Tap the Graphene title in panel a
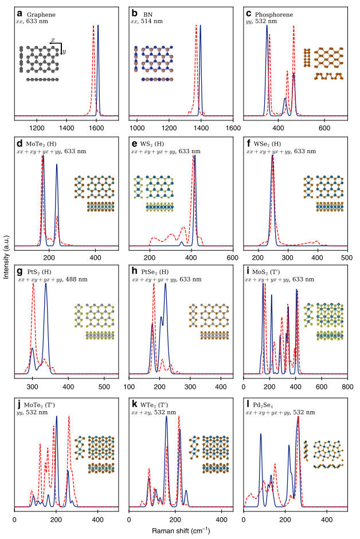pyautogui.click(x=38, y=14)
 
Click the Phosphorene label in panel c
pyautogui.click(x=272, y=14)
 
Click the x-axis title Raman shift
pyautogui.click(x=180, y=531)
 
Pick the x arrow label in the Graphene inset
pyautogui.click(x=53, y=41)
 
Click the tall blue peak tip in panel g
pyautogui.click(x=45, y=285)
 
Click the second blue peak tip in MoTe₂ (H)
pyautogui.click(x=56, y=165)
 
